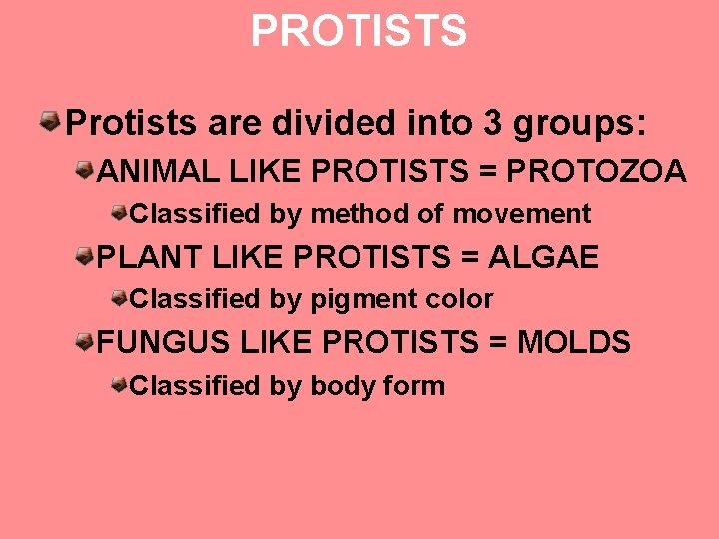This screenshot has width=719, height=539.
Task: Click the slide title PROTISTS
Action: (x=359, y=31)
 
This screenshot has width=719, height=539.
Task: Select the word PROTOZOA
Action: (x=597, y=171)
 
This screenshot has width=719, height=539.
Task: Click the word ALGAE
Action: (x=544, y=258)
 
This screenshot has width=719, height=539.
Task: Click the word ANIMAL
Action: (x=159, y=171)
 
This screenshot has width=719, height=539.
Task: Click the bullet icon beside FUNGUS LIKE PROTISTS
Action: (x=87, y=342)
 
